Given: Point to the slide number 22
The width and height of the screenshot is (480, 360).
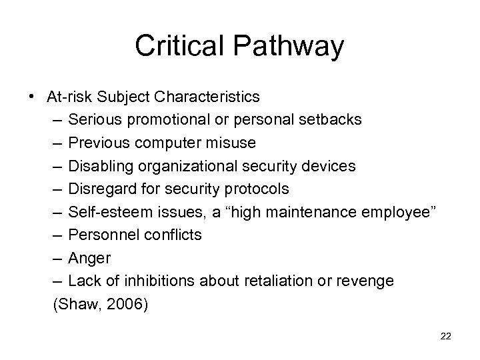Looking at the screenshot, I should point(446,337).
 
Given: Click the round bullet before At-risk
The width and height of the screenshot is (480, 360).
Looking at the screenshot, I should point(33,97).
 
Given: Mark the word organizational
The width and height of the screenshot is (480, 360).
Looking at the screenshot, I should point(180,166).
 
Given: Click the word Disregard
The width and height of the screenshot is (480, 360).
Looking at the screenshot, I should point(101,189).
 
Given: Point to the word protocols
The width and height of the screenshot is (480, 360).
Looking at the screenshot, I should point(257,189).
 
